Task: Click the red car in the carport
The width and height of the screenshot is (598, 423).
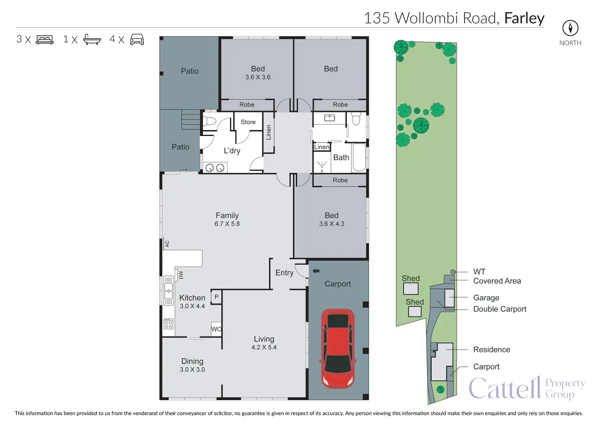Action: [338, 348]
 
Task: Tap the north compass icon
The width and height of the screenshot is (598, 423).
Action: [570, 28]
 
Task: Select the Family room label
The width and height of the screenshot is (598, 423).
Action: [227, 215]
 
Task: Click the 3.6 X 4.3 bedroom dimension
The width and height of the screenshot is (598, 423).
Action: [331, 224]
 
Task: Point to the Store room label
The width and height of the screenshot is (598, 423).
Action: [248, 122]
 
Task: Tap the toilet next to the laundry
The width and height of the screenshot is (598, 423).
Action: [209, 121]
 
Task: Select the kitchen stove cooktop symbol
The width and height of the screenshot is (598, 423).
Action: [168, 324]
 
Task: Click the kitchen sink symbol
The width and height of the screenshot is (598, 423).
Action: [168, 291]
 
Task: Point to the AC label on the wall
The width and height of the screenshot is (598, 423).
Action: [167, 244]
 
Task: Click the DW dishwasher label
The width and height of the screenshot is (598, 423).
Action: [181, 275]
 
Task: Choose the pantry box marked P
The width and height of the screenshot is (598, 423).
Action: [216, 297]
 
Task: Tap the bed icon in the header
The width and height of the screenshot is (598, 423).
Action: [45, 39]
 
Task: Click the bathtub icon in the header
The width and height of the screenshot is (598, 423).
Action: [92, 39]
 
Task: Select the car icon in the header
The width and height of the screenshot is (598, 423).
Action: [137, 39]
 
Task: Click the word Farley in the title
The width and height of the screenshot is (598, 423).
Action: [524, 18]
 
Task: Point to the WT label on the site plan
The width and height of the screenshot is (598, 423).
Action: [479, 271]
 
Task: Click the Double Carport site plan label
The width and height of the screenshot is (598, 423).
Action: [499, 309]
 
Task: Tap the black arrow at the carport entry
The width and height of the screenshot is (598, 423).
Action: [316, 271]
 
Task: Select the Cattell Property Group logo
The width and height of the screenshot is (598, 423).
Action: [526, 388]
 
